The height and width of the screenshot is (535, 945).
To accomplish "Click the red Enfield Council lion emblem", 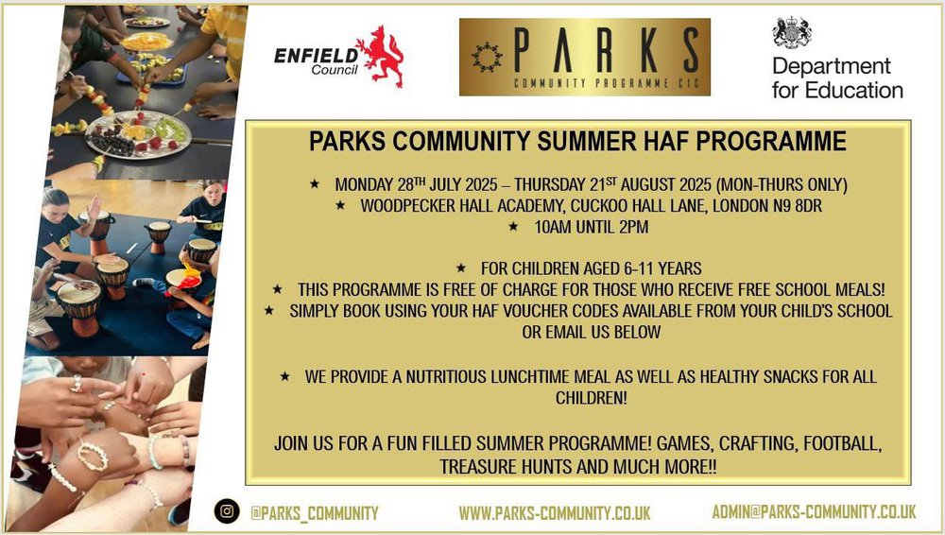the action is coord(380,56).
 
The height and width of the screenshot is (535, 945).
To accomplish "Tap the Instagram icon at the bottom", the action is coord(227,511).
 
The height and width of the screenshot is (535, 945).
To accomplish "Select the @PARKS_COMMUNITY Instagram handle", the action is coord(315,513).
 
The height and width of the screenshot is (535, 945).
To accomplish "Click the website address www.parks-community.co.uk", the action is coord(555,513).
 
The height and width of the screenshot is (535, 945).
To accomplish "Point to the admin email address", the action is coord(814,512).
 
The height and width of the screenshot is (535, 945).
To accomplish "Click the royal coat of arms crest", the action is coord(792,32).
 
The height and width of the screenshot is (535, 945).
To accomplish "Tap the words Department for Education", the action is coord(837,78).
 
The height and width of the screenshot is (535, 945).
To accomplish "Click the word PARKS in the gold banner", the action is coord(607,50).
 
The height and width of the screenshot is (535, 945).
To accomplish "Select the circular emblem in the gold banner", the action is coord(487,57).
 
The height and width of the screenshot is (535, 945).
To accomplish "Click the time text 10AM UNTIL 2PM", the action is coord(592,228).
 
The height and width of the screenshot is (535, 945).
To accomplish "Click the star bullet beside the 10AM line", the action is coord(513,227).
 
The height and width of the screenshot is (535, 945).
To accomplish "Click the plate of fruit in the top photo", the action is coord(138,134).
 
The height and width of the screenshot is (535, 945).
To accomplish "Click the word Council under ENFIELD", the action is coord(335,70).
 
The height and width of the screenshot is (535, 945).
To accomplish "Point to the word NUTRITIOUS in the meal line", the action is coord(446,377).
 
